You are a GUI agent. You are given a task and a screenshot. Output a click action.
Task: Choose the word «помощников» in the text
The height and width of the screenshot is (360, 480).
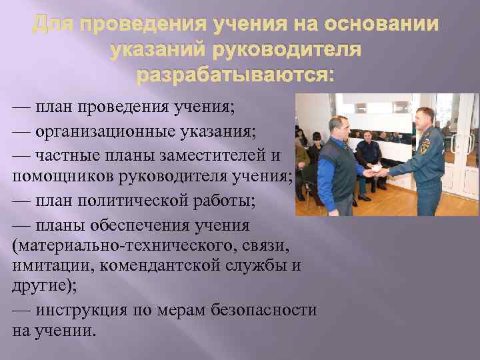click(63, 177)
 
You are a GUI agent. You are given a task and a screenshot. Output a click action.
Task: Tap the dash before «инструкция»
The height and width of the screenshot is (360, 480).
click(21, 310)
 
